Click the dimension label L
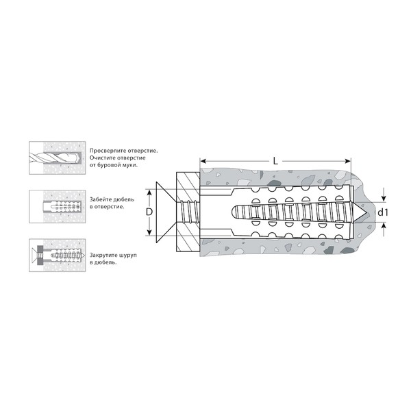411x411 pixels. point(275,161)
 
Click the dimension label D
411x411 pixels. point(149,212)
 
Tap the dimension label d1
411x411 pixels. point(382,212)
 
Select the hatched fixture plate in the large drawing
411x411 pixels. point(188,212)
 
